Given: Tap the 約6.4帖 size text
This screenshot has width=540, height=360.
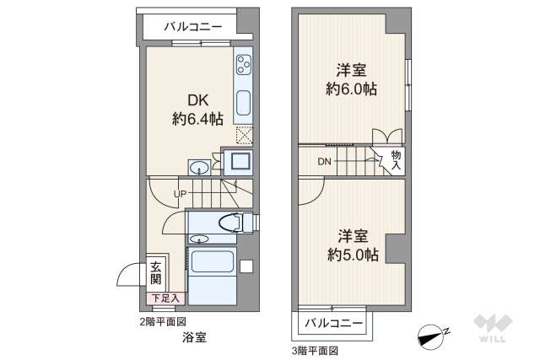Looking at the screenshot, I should point(197,120).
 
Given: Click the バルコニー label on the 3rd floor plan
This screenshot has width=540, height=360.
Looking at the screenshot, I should point(333,323).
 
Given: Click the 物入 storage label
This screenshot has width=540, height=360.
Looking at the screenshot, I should point(396,159).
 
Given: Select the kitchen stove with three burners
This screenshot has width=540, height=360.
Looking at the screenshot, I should point(243,65).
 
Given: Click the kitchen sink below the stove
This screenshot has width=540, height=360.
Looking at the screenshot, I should point(243,104).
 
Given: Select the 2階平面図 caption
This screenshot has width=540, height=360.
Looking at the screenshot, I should point(162,321).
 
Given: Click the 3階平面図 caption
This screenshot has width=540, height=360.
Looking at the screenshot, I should point(315,349).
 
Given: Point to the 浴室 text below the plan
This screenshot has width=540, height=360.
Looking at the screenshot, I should point(193,337).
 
